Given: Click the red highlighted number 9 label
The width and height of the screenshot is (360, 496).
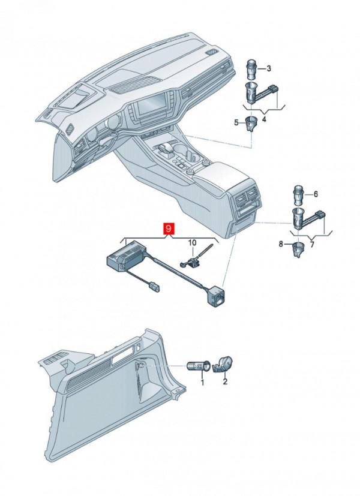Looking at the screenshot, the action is pos(169,229).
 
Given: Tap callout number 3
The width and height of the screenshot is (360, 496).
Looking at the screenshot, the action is pos(269,68).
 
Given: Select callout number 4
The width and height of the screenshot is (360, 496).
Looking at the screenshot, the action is pos(264,119).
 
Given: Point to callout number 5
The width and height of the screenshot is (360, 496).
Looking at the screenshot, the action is pos(236,122).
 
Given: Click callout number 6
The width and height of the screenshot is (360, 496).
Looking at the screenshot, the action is pos(316,194).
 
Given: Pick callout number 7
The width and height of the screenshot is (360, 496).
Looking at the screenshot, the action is pos(312,245).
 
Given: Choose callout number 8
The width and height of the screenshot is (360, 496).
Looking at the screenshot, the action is pos(281,244).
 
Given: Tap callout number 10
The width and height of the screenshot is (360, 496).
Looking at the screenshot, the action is pos(193,243).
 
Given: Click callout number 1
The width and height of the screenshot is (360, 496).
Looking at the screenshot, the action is pos(202,383).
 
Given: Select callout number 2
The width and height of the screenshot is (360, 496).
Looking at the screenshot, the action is pos(225,381).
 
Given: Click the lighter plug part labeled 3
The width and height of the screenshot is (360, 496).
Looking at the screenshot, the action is pos(251,70).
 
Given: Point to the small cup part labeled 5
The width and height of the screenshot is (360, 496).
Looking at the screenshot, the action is pos(251,124).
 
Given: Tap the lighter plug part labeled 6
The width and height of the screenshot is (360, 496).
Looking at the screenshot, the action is pos(298,195).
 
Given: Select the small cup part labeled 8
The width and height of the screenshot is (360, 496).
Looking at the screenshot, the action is pos(298,249).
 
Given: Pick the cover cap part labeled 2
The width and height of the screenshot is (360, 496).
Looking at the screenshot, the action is pos(223,365).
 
